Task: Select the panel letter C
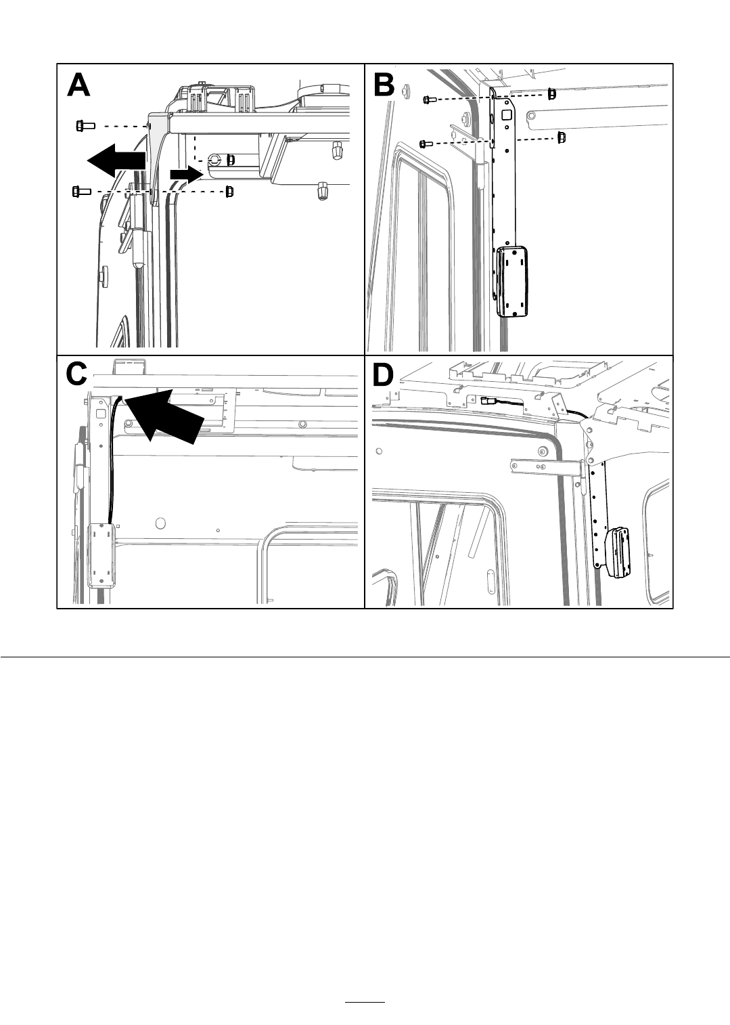tap(76, 374)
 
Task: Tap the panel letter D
tap(383, 375)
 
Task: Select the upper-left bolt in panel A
tap(85, 125)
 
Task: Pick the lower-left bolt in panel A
tap(81, 192)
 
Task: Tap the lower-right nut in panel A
tap(229, 192)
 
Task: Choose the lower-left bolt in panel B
tap(426, 144)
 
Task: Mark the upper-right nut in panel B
tap(552, 94)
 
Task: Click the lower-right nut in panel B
tap(562, 137)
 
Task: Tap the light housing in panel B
tap(512, 282)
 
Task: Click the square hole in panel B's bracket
tap(507, 114)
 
